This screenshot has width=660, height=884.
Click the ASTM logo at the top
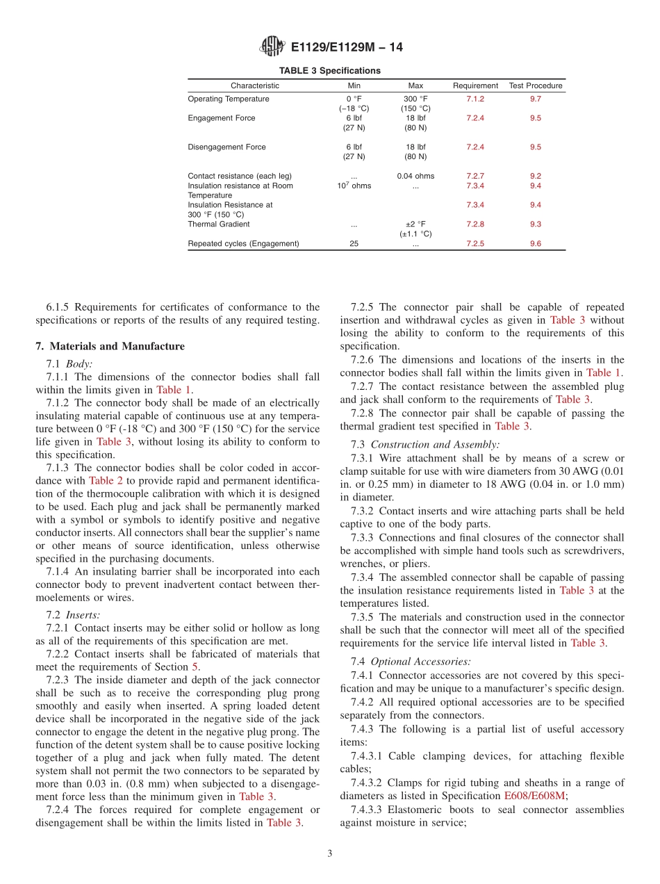click(x=272, y=47)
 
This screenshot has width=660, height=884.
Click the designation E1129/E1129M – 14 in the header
click(x=347, y=47)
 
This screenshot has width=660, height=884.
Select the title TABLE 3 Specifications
click(x=329, y=71)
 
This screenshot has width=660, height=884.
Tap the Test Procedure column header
click(x=535, y=85)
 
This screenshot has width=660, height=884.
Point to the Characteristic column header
click(x=255, y=85)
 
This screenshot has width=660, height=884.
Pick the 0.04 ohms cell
click(x=415, y=176)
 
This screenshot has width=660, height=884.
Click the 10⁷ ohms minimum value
click(x=354, y=186)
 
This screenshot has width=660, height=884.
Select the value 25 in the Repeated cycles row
click(x=354, y=244)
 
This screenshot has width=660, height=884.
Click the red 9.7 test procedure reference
click(x=535, y=99)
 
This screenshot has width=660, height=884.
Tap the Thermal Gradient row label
click(x=218, y=224)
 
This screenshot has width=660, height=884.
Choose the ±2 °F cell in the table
click(x=415, y=224)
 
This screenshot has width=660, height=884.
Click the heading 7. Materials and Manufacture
click(x=110, y=346)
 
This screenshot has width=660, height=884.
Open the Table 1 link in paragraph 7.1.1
click(x=173, y=390)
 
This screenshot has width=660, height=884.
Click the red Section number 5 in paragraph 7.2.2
click(x=195, y=667)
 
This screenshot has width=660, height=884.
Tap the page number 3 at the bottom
click(x=330, y=854)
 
